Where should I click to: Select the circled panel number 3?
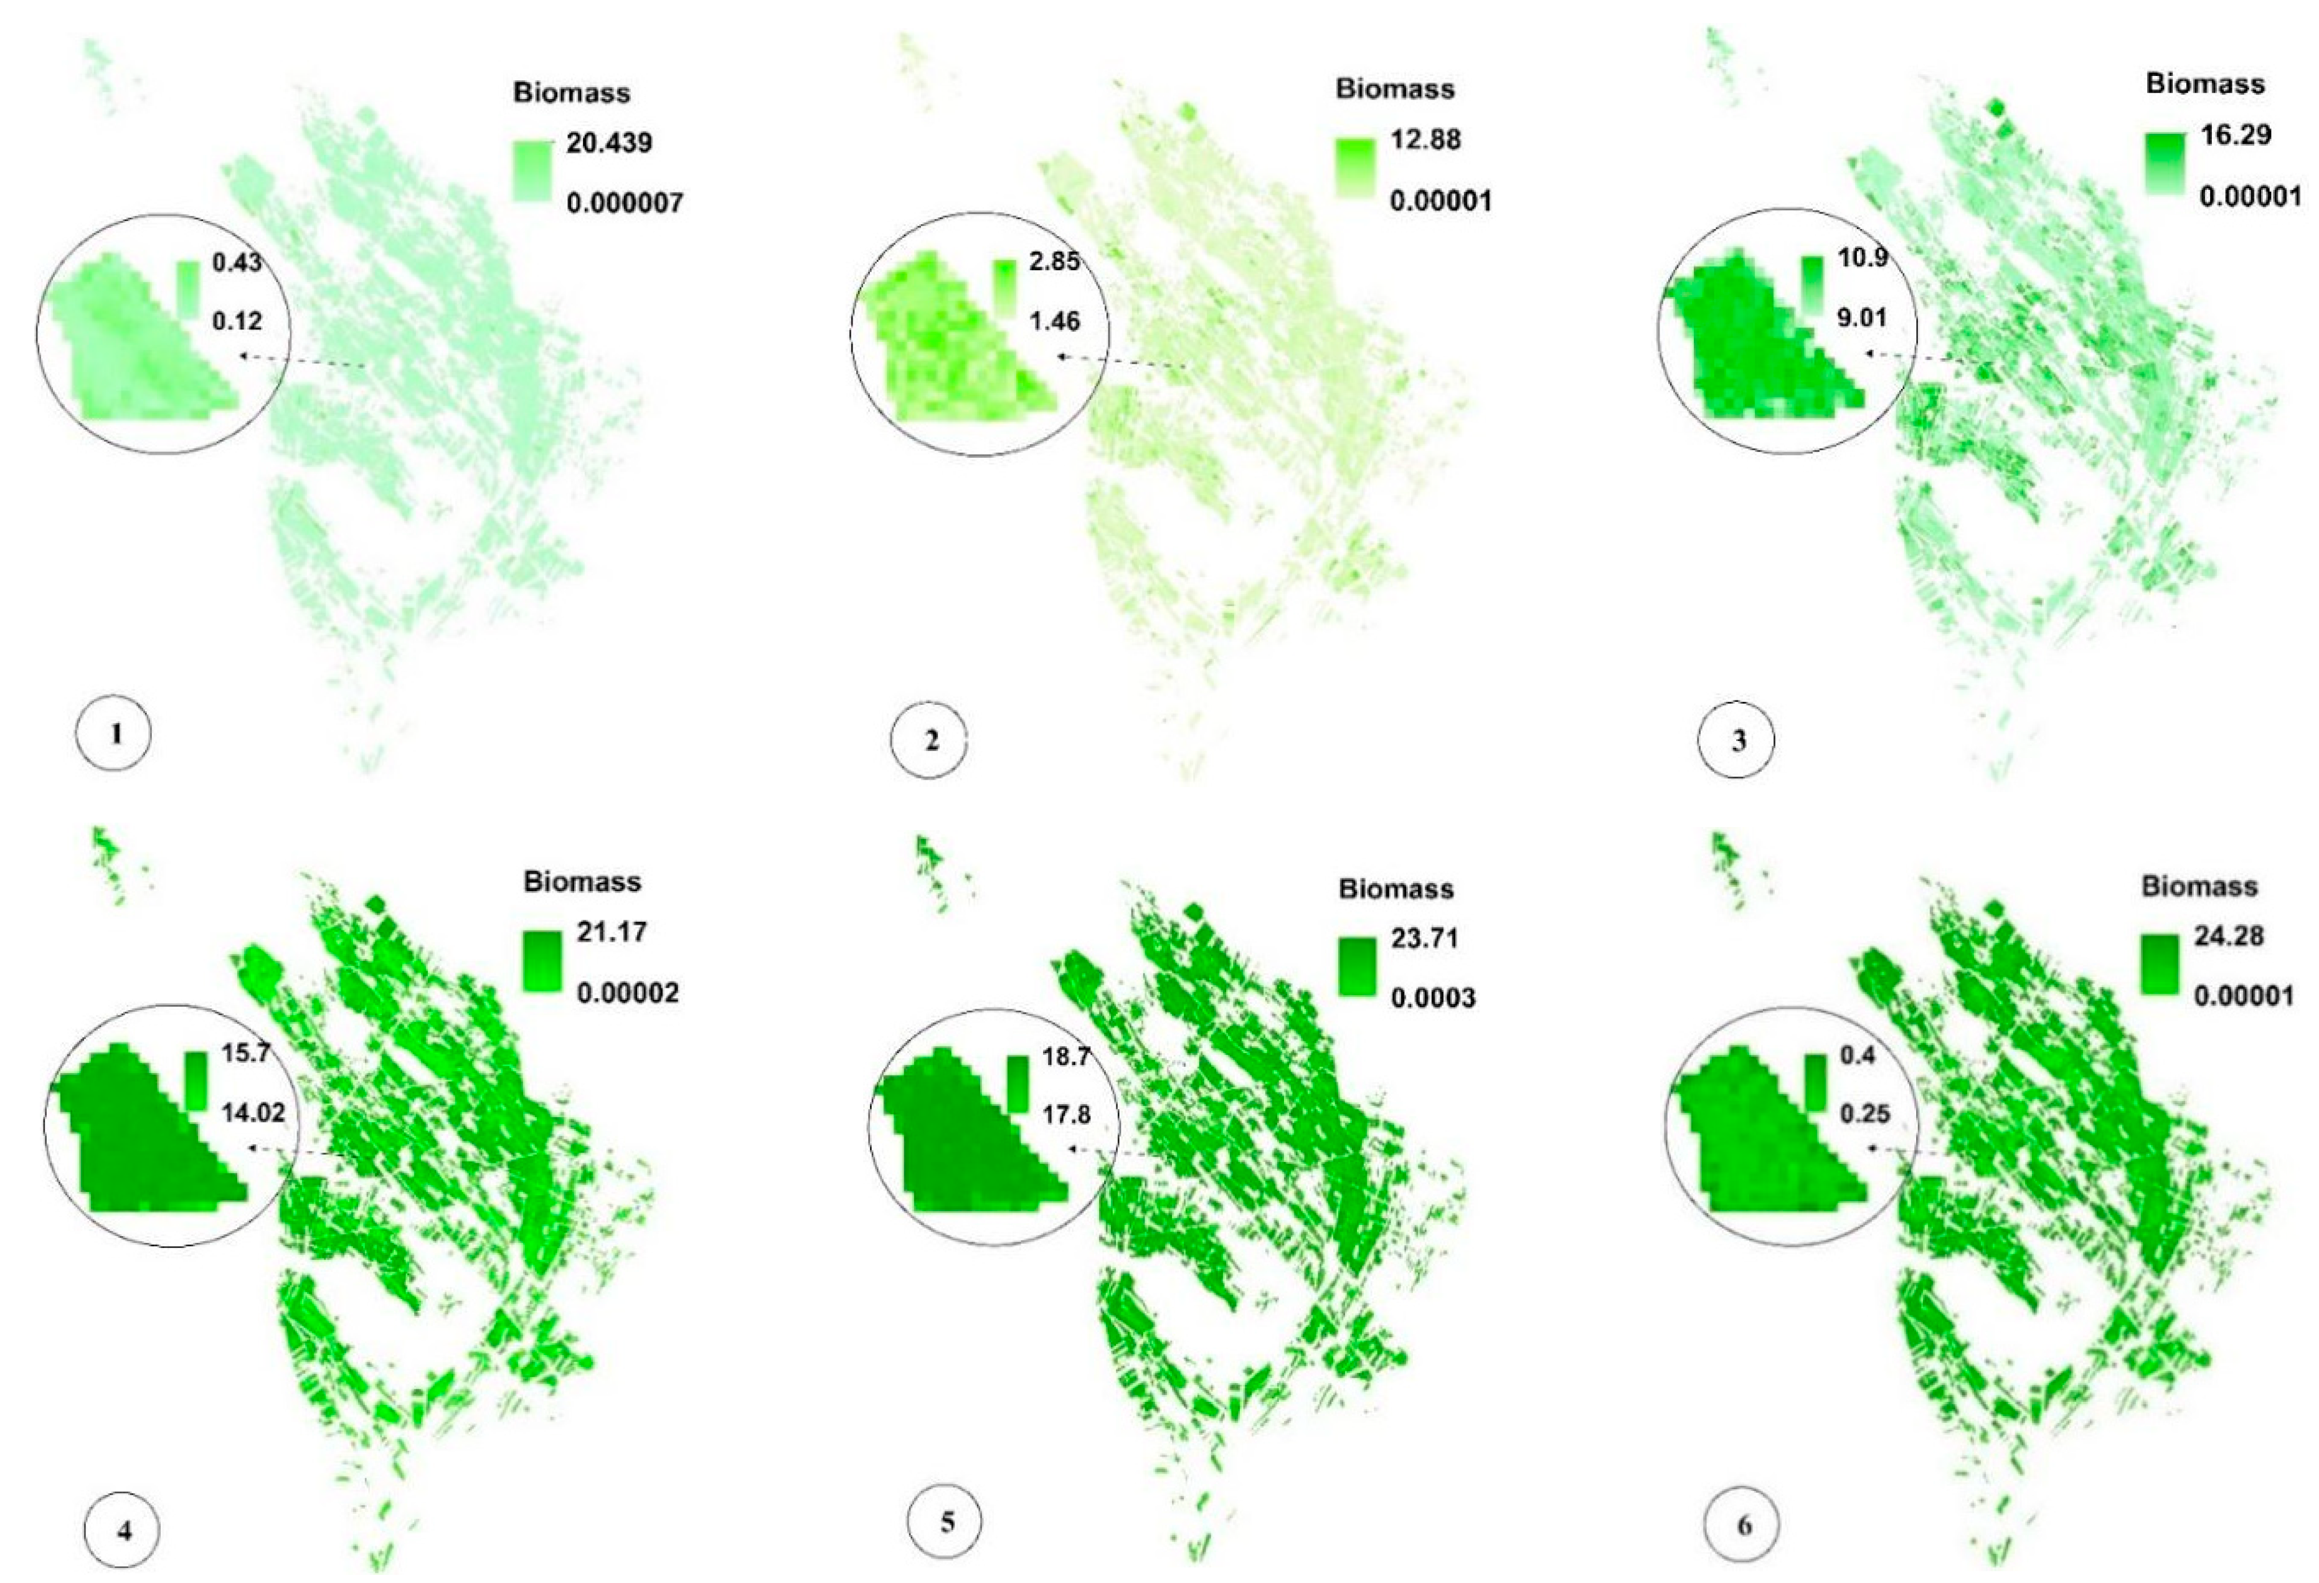[1737, 740]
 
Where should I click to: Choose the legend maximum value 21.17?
[611, 932]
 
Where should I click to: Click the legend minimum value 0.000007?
[625, 204]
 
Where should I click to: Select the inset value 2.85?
[1054, 263]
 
